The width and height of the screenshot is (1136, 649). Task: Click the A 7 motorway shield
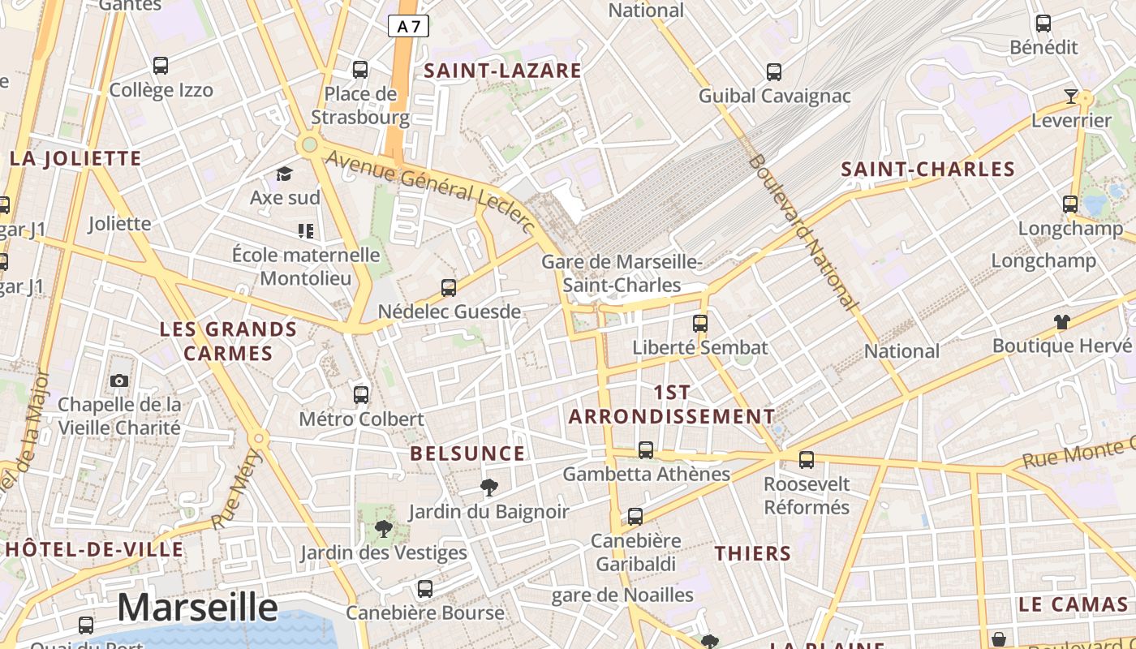408,26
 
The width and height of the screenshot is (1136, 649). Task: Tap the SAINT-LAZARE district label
503,71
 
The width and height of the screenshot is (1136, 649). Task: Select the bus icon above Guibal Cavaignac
774,72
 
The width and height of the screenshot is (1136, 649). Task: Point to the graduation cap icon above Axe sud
284,174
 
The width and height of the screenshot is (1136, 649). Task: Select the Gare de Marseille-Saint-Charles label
622,273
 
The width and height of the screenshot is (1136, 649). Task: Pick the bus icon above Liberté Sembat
700,324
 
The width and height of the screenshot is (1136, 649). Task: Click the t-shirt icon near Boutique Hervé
1061,321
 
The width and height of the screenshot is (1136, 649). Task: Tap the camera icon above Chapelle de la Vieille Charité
119,380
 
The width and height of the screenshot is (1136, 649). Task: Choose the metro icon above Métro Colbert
361,395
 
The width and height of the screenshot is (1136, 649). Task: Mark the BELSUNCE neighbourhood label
467,453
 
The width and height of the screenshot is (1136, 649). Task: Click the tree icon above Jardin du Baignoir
488,487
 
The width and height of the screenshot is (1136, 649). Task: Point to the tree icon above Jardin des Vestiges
384,529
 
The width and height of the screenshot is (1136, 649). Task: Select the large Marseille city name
197,607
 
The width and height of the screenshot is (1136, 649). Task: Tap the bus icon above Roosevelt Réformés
807,460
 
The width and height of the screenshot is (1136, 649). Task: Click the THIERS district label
752,554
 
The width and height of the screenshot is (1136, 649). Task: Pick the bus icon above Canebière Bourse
425,589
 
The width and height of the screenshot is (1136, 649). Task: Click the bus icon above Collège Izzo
161,66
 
